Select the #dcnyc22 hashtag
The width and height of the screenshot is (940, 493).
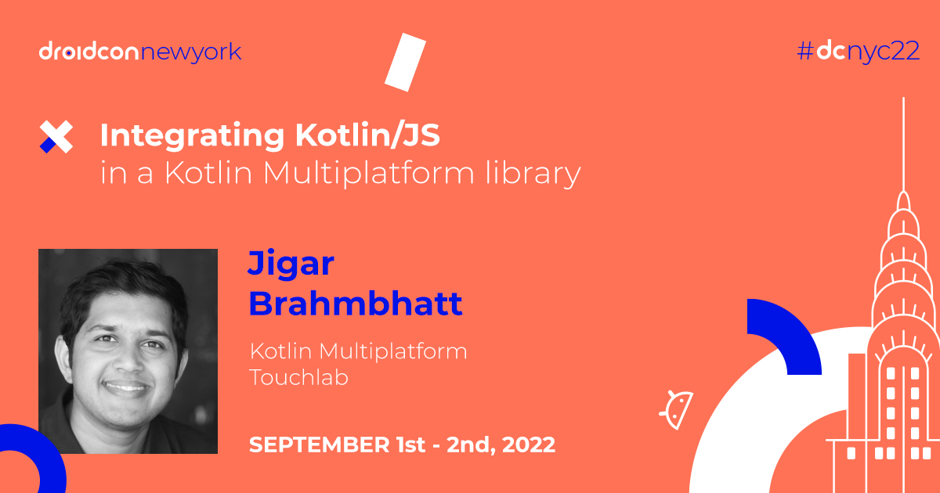(858, 52)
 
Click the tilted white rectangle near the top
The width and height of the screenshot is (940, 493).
(405, 60)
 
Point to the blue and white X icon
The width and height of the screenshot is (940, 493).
(56, 138)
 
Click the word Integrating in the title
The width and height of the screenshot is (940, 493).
(191, 136)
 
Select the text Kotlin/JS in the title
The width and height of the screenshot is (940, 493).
(367, 136)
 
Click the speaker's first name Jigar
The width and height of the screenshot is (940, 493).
(291, 264)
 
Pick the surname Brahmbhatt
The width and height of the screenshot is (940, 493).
(355, 303)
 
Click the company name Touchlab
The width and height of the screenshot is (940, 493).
(298, 377)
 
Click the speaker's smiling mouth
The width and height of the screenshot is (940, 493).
(126, 386)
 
